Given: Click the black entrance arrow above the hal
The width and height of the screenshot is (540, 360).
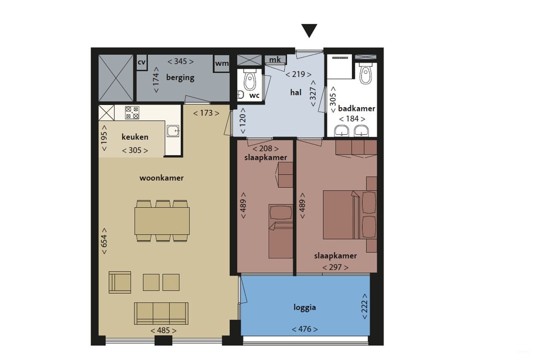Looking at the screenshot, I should (309, 30).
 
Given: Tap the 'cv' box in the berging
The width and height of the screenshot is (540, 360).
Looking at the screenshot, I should (141, 62).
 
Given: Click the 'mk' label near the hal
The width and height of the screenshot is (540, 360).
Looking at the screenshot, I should (275, 60).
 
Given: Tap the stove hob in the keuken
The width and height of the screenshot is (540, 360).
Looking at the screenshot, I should (132, 112).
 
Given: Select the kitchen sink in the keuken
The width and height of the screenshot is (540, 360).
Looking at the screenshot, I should (173, 131).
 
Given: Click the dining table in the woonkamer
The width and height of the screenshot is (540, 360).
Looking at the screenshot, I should (162, 221).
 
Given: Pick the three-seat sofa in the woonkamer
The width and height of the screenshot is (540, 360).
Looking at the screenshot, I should (161, 313).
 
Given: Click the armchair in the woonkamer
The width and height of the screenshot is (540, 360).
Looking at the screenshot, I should (119, 282).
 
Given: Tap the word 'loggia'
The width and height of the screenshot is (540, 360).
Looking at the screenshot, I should (305, 307).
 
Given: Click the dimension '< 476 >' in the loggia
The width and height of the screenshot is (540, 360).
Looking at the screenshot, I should (305, 329).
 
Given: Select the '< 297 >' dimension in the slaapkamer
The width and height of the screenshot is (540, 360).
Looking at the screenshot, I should (335, 267).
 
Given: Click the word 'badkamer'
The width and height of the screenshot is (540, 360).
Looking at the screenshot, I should (356, 108).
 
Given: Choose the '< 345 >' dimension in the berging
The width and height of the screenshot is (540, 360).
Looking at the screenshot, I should (181, 62).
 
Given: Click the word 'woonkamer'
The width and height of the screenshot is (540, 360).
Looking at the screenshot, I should (162, 178).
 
